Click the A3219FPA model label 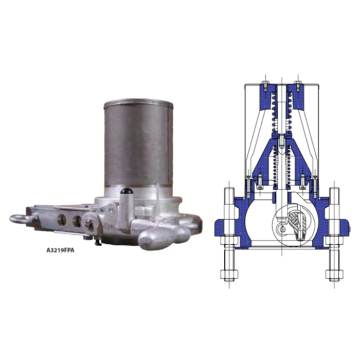[x=60, y=250]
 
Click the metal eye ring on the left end [x=20, y=219]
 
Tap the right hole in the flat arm [x=77, y=221]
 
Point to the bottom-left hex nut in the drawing [x=229, y=275]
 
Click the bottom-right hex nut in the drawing [x=334, y=275]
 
